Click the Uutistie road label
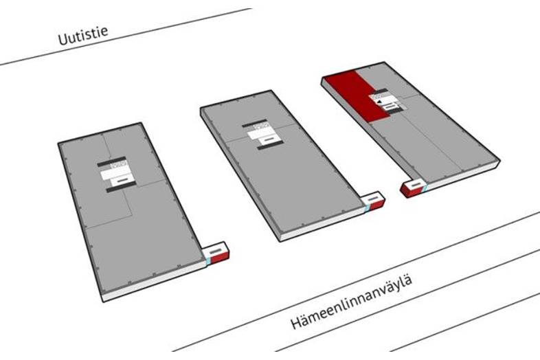click(x=83, y=35)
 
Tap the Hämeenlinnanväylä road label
click(x=351, y=302)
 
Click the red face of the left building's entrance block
click(x=219, y=258)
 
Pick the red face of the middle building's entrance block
click(x=376, y=205)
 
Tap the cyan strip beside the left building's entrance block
click(x=207, y=262)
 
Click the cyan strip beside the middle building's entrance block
click(x=367, y=208)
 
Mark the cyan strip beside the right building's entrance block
click(x=425, y=188)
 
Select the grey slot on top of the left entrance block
click(x=216, y=249)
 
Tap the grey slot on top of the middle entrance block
click(x=374, y=199)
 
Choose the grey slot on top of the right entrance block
click(x=416, y=185)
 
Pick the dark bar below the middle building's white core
click(x=271, y=145)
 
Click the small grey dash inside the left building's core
click(x=122, y=180)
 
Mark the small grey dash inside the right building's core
click(x=390, y=107)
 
